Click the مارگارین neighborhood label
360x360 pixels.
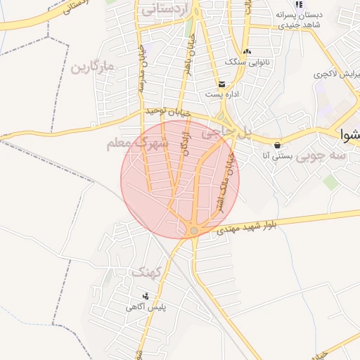click(92, 68)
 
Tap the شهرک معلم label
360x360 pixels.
click(138, 143)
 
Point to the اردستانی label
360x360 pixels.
click(167, 10)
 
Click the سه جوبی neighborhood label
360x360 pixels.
click(321, 156)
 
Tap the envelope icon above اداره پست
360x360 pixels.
click(221, 84)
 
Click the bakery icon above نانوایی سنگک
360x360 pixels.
click(246, 51)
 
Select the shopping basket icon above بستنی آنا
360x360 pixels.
click(277, 145)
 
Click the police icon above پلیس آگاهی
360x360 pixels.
click(146, 296)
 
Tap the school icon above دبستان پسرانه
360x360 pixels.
click(298, 4)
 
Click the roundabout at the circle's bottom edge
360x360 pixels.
click(194, 230)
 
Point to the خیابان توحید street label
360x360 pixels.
click(169, 112)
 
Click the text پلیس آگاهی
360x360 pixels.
click(146, 307)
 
